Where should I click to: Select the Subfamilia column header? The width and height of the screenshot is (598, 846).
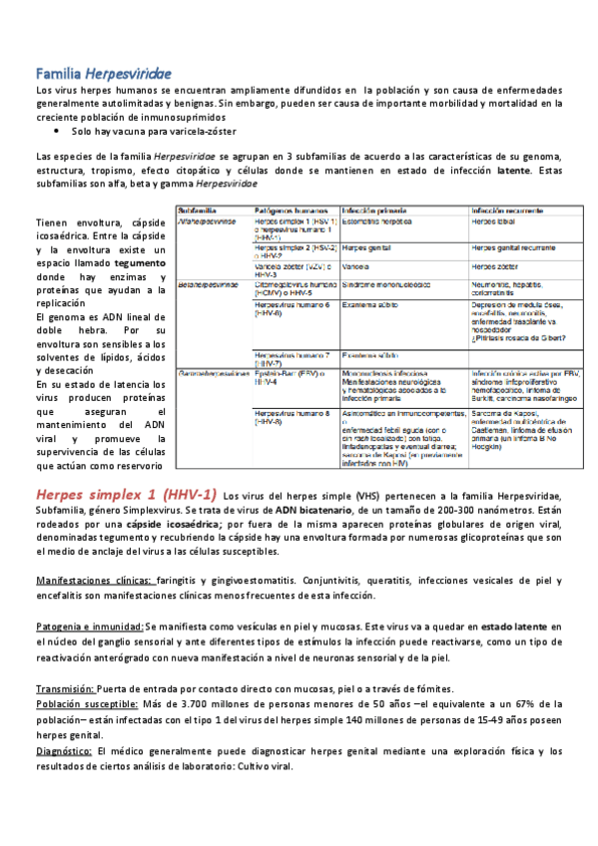[199, 211]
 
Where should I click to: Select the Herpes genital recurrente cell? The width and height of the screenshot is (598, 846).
[512, 245]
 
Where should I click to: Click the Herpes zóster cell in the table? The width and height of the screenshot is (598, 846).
[495, 267]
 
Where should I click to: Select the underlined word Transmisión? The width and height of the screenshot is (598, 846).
[66, 688]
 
